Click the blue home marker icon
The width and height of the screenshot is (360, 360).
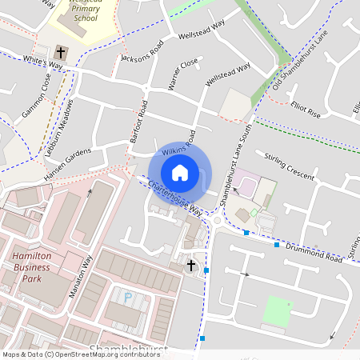coord(180,172)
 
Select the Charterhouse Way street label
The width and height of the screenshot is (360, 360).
coord(174,197)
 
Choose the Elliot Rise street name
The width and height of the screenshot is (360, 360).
coord(306,110)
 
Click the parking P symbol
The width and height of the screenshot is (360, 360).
coord(128,298)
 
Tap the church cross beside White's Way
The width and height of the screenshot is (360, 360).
coord(63,54)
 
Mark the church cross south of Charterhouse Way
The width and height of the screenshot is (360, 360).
coord(191,264)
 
